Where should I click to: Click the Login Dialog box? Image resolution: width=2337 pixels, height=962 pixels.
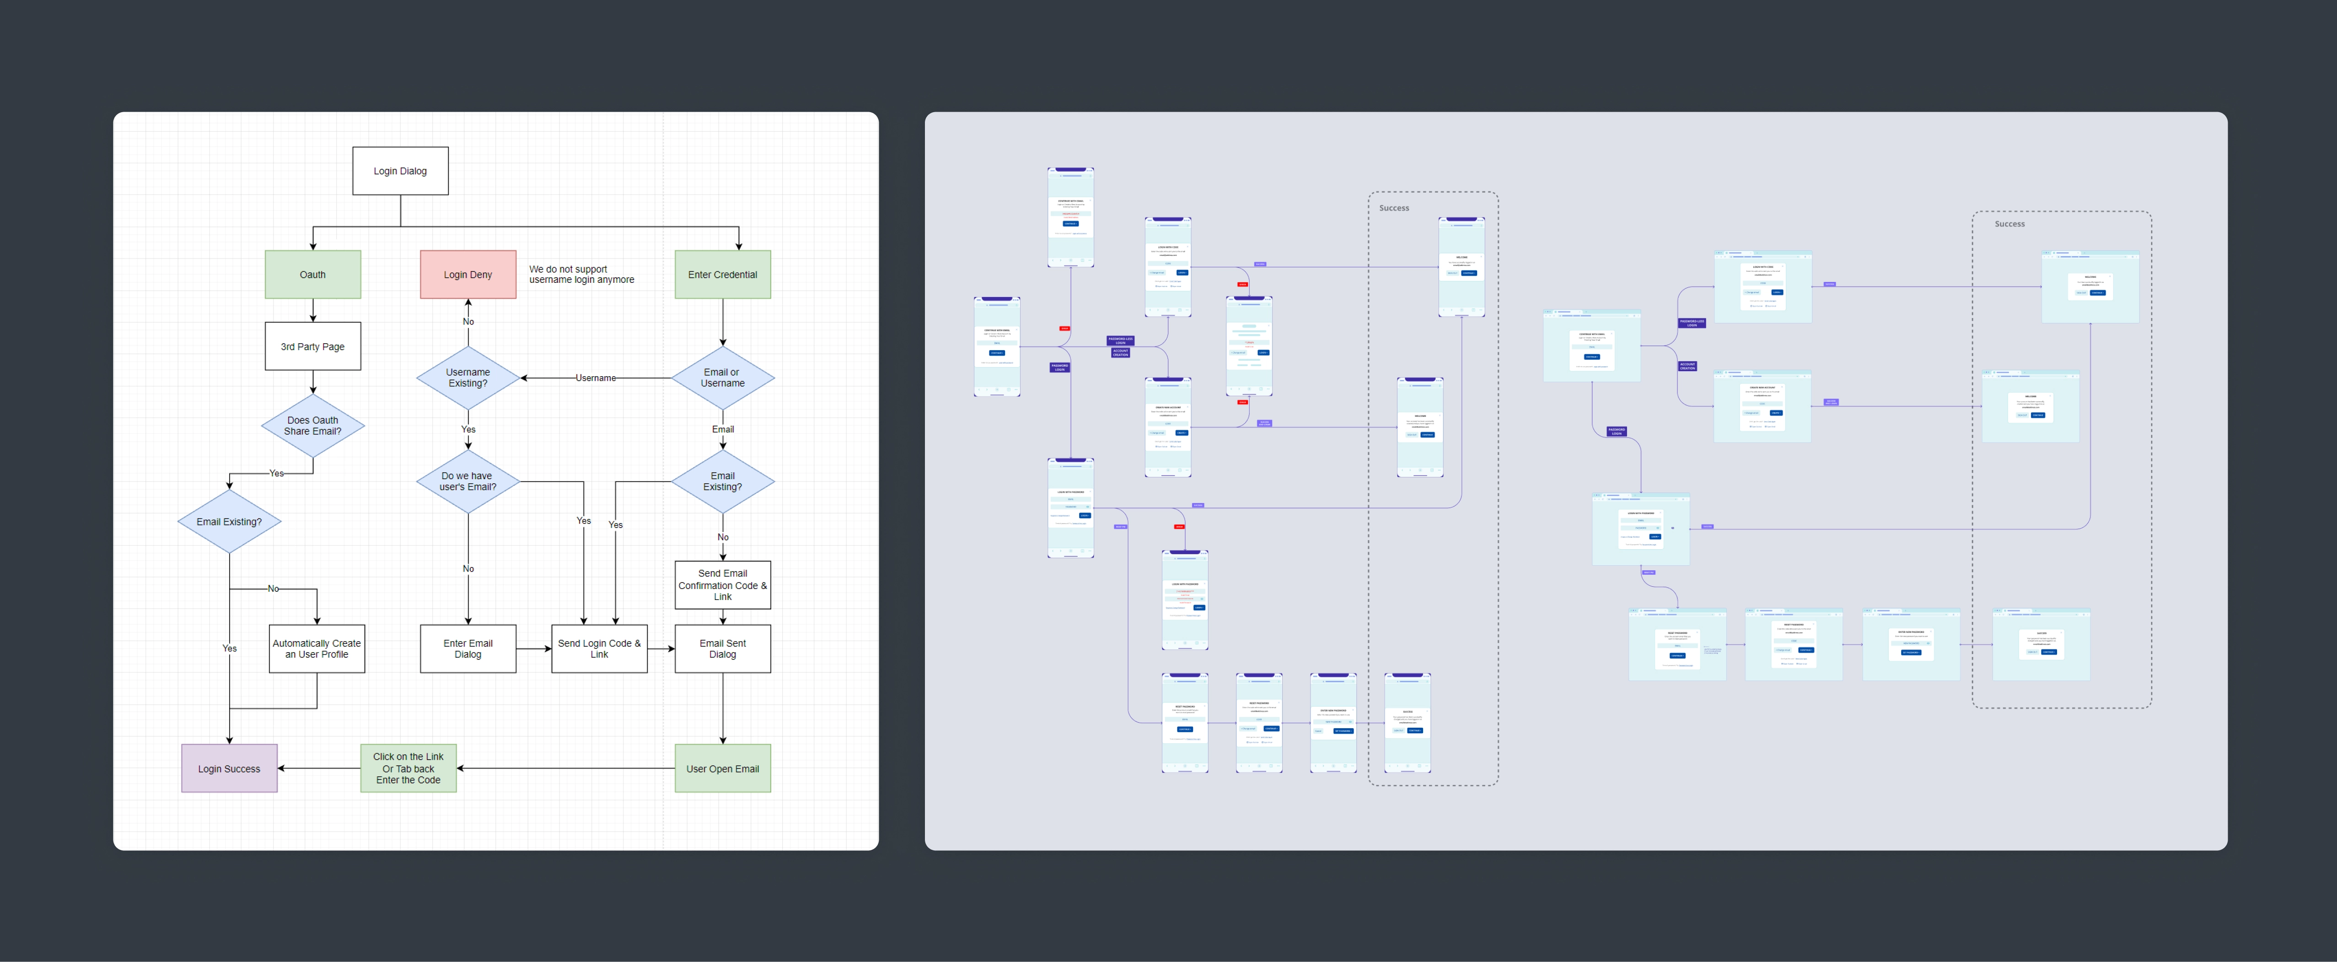point(400,171)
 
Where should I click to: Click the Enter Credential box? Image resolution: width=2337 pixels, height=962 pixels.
point(722,274)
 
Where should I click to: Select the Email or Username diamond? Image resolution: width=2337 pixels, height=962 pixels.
point(722,378)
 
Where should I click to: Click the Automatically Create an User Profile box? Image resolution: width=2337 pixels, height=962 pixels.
point(317,648)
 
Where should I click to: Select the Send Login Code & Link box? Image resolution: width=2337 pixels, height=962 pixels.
point(599,648)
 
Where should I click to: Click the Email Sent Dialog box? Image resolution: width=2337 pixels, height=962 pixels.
point(722,648)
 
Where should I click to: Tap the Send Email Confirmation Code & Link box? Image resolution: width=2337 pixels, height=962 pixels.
point(722,584)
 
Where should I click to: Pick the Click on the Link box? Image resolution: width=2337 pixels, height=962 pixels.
point(408,768)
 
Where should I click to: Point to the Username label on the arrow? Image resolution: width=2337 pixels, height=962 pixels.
point(595,378)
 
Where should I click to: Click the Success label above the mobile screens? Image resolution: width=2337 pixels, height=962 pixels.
point(1393,208)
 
